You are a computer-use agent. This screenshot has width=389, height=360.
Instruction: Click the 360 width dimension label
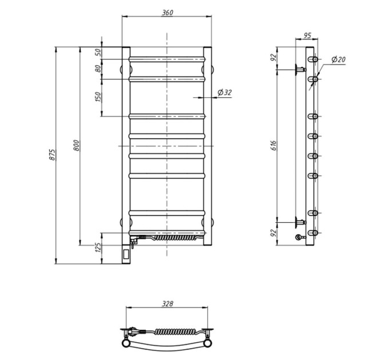pyautogui.click(x=168, y=13)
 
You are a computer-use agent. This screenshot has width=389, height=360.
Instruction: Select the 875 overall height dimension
pyautogui.click(x=53, y=155)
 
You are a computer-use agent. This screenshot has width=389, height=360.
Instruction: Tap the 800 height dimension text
pyautogui.click(x=77, y=146)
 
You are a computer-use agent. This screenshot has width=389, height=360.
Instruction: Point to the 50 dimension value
pyautogui.click(x=98, y=52)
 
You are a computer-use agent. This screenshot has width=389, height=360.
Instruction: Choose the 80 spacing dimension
pyautogui.click(x=98, y=69)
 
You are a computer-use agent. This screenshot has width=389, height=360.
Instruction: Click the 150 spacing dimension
pyautogui.click(x=98, y=97)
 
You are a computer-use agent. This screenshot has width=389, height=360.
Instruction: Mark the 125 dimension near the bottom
pyautogui.click(x=98, y=248)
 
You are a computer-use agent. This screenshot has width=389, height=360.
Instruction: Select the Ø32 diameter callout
pyautogui.click(x=224, y=93)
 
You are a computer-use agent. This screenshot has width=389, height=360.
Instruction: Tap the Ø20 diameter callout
pyautogui.click(x=339, y=59)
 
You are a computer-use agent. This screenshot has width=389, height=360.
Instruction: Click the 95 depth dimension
pyautogui.click(x=307, y=35)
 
